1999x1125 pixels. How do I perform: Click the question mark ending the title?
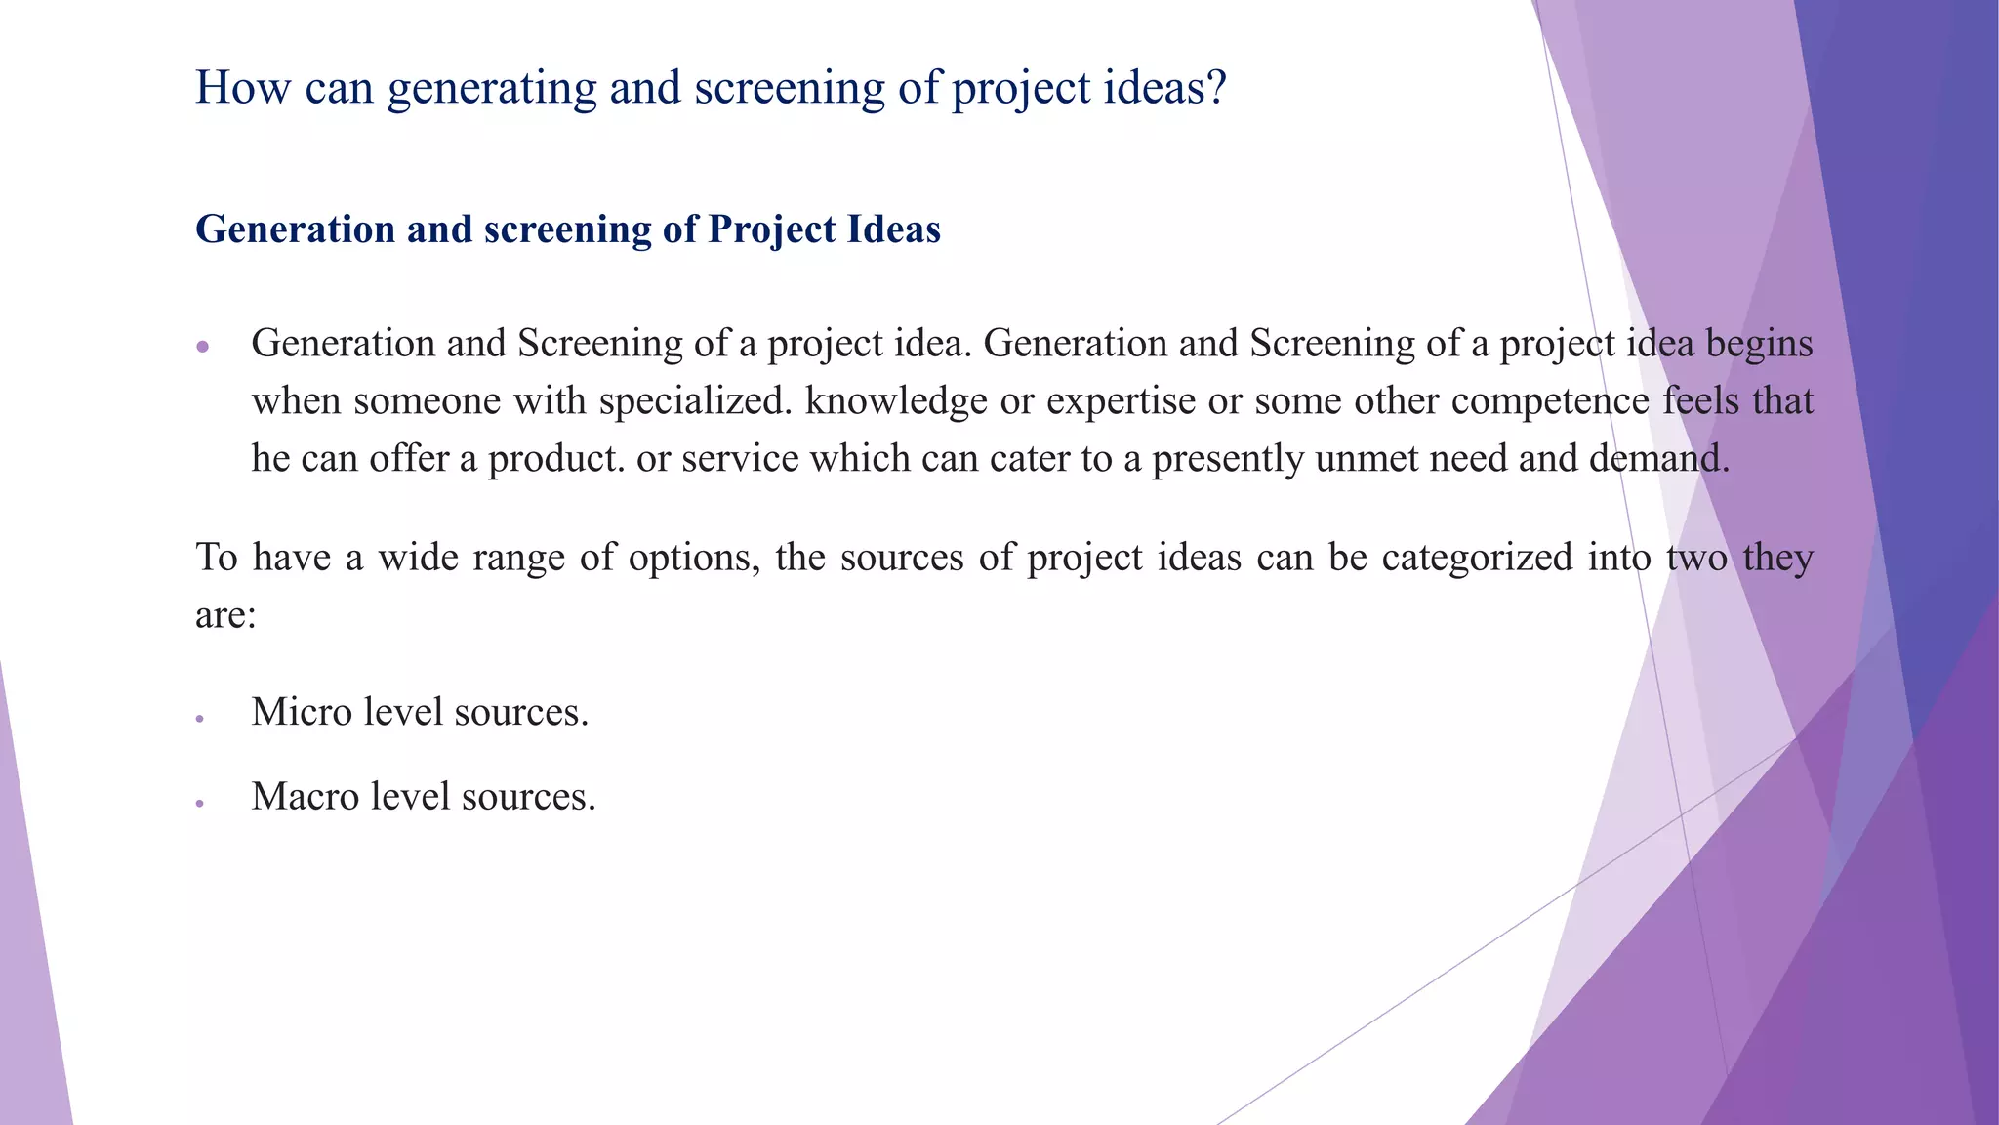1215,88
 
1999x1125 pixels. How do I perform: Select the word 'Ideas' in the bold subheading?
894,229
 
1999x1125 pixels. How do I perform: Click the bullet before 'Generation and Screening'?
203,346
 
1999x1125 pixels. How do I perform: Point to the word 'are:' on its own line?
225,615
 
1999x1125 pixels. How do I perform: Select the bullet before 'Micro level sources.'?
199,719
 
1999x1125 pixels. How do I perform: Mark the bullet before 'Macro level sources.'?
199,803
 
